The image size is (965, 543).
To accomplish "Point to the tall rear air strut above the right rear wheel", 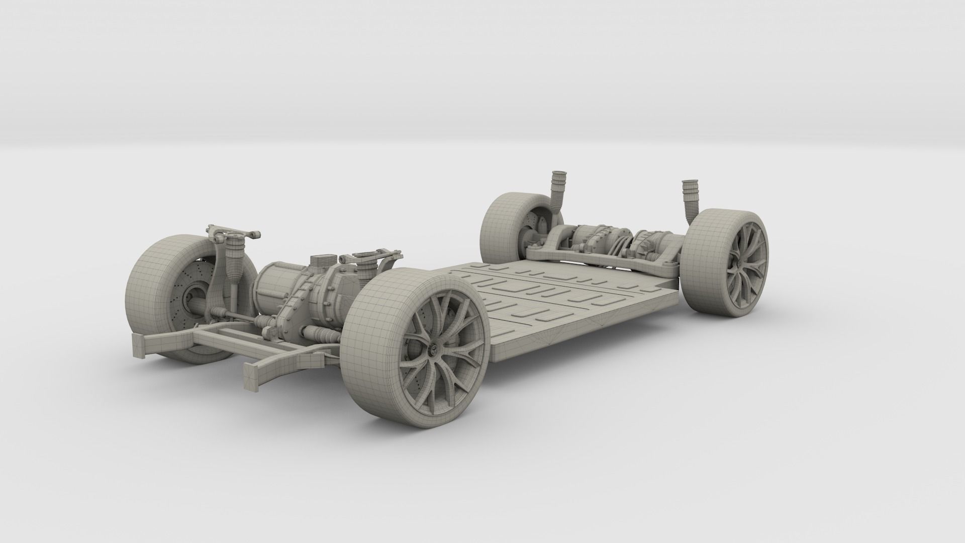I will pos(689,201).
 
